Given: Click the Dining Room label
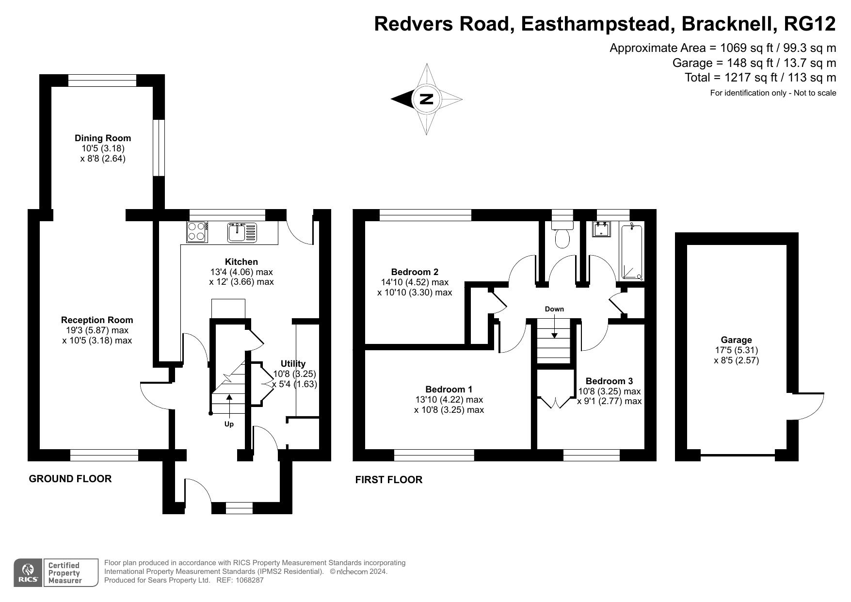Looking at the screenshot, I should (102, 138).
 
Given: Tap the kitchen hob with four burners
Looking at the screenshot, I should (197, 232).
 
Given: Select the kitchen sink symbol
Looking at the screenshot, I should (241, 232).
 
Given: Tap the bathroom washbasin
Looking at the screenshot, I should (600, 229).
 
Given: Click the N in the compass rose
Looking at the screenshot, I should (426, 99).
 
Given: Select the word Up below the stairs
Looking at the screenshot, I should (229, 424).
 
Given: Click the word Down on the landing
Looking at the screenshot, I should (554, 309).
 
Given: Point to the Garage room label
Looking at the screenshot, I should (736, 340).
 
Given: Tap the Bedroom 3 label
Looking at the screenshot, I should (609, 381).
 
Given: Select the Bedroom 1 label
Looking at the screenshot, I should (449, 389).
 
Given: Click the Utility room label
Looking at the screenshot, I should (293, 363).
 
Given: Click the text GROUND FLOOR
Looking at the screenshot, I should (70, 479).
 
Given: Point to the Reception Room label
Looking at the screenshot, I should (97, 320).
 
